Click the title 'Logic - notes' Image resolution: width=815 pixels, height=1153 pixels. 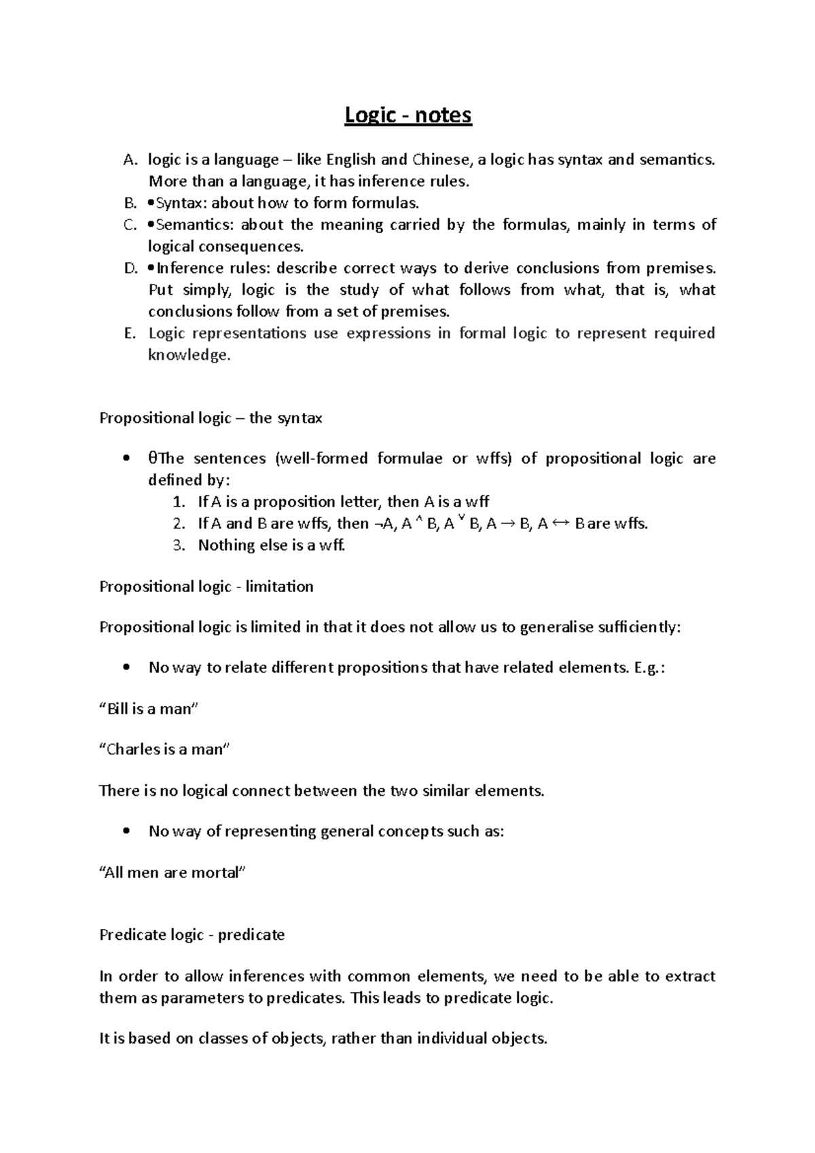pyautogui.click(x=407, y=116)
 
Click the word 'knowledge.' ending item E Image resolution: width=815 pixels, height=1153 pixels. pyautogui.click(x=189, y=355)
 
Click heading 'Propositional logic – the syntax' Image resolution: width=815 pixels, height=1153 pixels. pyautogui.click(x=211, y=418)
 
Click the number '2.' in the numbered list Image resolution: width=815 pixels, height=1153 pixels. pyautogui.click(x=179, y=524)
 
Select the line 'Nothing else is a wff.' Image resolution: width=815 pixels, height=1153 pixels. pyautogui.click(x=272, y=545)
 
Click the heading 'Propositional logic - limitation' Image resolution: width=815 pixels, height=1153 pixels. pyautogui.click(x=206, y=587)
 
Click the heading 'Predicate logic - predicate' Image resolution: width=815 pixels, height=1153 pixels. pyautogui.click(x=192, y=935)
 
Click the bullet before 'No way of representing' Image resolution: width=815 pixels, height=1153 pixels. pyautogui.click(x=126, y=832)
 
